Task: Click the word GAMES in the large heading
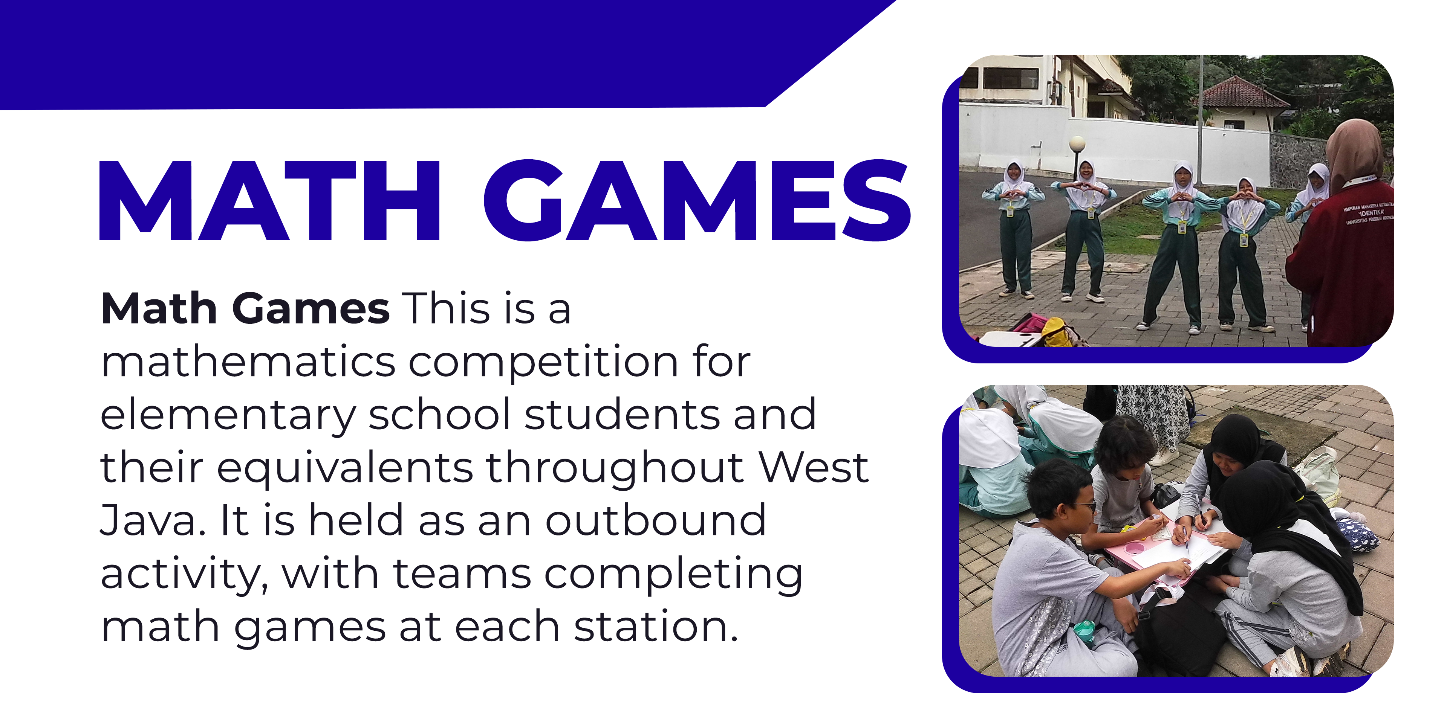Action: pos(696,200)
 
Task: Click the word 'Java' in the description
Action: pos(149,520)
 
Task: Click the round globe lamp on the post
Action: pos(1077,144)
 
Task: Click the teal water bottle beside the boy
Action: pos(1084,631)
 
